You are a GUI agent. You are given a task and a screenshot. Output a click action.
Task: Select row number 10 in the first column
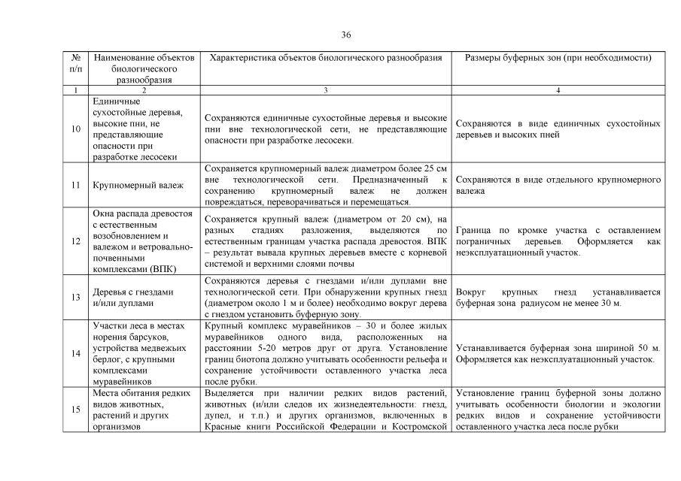[x=76, y=129]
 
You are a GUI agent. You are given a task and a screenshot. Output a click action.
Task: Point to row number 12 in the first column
[x=76, y=242]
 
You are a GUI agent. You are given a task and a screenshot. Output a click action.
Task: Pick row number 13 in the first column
[x=76, y=298]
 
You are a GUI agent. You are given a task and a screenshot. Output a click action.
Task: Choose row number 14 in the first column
[x=76, y=353]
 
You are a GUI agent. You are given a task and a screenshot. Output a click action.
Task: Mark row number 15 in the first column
[x=76, y=410]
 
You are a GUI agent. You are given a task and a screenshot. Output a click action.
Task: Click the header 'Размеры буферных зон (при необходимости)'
[x=558, y=58]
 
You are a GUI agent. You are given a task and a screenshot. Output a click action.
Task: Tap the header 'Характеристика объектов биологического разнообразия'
[x=326, y=58]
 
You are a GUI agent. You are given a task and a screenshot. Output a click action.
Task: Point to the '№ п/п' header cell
[x=76, y=63]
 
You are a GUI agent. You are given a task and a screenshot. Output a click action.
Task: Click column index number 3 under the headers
[x=326, y=91]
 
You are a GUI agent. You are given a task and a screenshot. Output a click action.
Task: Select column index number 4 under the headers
[x=558, y=91]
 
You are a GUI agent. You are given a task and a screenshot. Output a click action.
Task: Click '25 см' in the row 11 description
[x=437, y=169]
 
